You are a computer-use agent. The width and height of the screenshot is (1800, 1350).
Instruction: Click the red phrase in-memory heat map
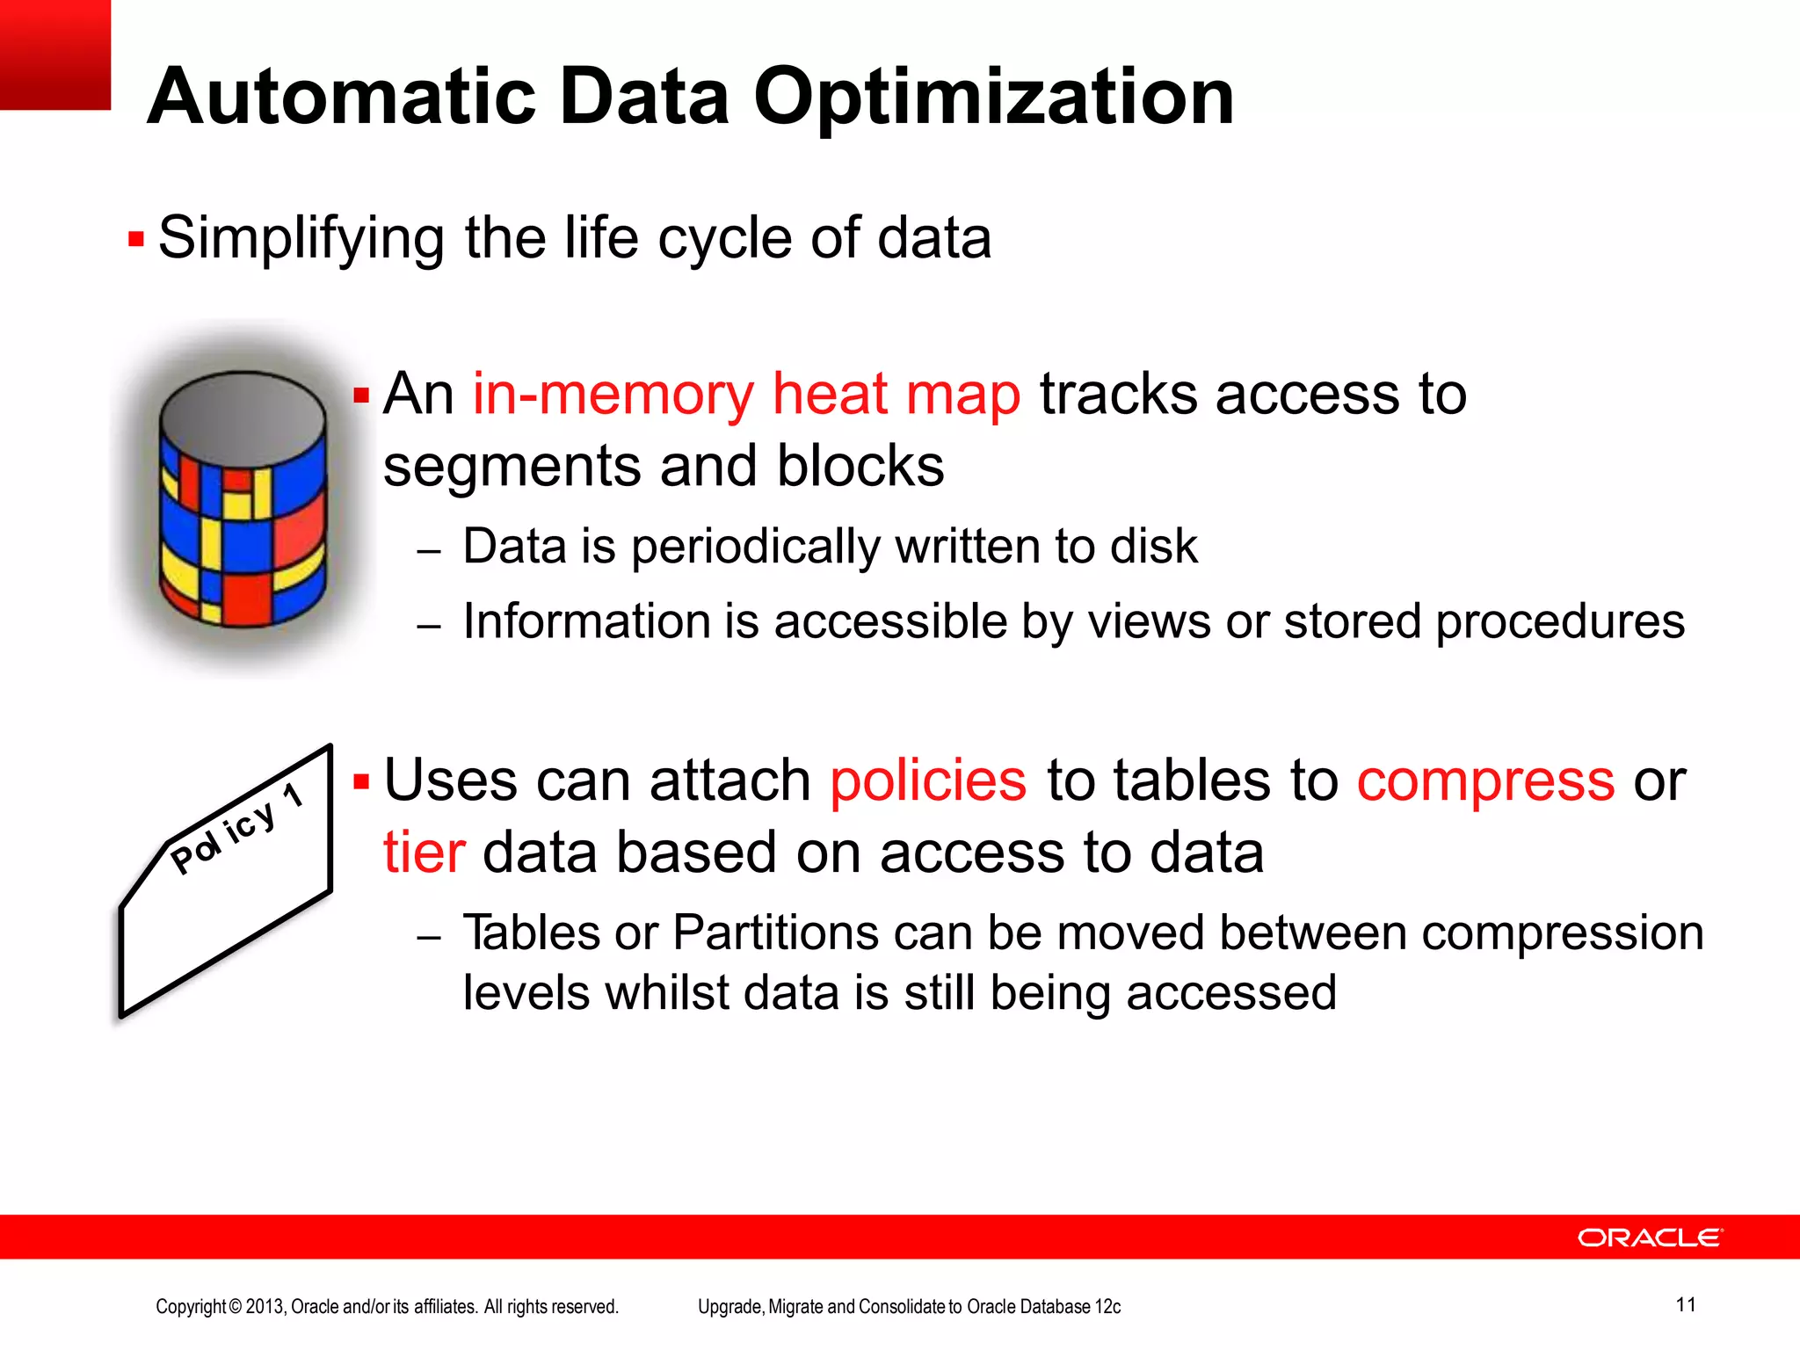tap(746, 394)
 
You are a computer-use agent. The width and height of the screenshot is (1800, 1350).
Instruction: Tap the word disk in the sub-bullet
tap(1154, 547)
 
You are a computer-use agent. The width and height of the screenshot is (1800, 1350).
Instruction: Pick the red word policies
tap(928, 780)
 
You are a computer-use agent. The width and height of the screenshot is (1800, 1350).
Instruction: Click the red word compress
tap(1485, 780)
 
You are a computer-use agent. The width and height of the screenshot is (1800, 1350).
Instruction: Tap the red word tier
tap(424, 853)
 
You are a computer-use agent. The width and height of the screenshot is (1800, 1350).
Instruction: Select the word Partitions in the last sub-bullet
tap(775, 933)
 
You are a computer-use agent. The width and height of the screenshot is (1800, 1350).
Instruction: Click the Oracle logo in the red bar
tap(1650, 1237)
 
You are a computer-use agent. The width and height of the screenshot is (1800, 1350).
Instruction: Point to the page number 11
tap(1685, 1304)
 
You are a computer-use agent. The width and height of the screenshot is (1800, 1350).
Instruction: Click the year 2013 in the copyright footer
tap(265, 1307)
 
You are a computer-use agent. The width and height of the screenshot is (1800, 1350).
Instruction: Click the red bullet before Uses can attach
tap(361, 781)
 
